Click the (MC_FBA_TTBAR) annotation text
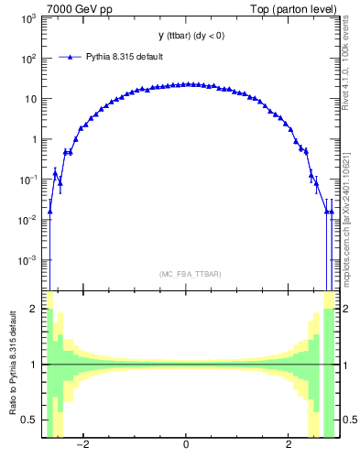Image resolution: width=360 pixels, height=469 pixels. tap(191, 274)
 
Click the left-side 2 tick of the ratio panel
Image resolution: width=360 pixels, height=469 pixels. tap(34, 310)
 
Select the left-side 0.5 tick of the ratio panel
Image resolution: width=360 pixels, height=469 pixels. tap(29, 420)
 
